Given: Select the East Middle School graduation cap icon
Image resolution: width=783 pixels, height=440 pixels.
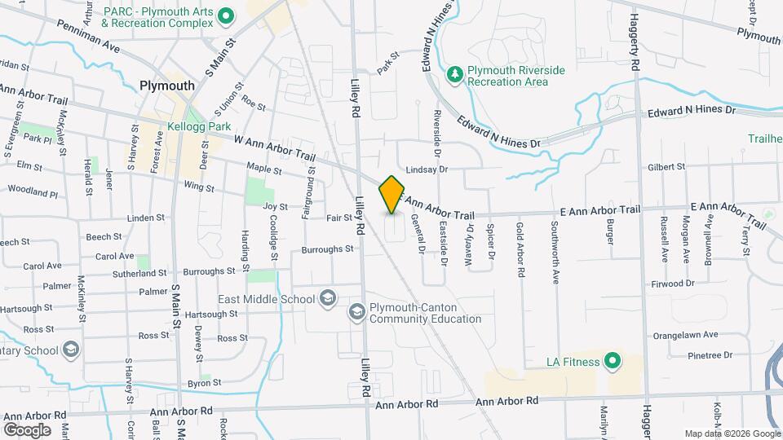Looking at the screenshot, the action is (328, 299).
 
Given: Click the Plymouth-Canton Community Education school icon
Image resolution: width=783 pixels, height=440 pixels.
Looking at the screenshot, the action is (356, 312).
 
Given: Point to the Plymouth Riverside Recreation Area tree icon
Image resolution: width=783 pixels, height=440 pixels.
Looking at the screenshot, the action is (454, 76).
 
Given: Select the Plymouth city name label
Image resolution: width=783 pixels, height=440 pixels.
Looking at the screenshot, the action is (167, 86).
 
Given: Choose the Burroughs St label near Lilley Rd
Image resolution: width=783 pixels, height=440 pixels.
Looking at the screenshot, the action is (327, 249).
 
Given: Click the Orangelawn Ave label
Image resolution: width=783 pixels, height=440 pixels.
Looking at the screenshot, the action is (685, 335).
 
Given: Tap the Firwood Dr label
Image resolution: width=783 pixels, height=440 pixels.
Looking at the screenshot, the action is (673, 284).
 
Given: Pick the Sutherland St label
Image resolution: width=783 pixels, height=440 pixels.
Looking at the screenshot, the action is (139, 274).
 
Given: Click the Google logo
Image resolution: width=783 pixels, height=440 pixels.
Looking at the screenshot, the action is (27, 429).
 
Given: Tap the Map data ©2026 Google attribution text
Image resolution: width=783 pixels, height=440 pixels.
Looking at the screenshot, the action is (731, 433).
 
